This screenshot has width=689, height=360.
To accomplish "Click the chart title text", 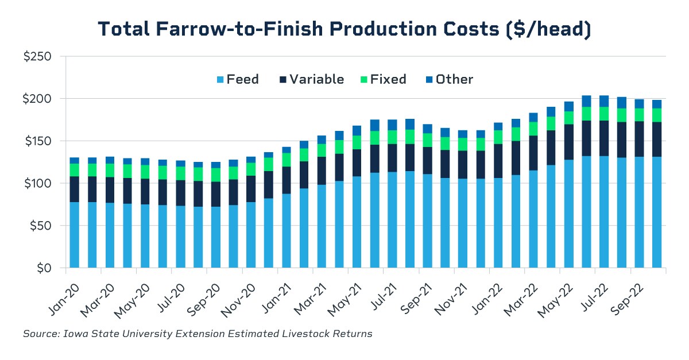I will click(344, 29).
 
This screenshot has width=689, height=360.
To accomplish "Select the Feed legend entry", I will click(235, 79).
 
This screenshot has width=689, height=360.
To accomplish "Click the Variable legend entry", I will click(309, 79).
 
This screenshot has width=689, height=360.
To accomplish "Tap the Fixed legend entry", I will click(381, 79).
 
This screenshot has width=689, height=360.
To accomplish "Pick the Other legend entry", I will click(447, 79).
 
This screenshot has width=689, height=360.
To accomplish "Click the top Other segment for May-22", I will click(568, 106).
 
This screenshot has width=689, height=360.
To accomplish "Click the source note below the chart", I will click(198, 334).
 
